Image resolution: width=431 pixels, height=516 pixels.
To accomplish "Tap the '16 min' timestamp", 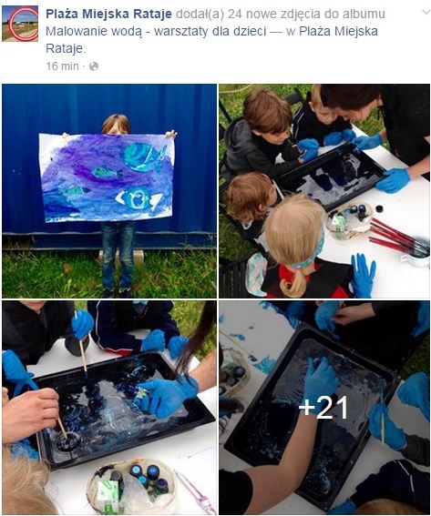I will click(62, 66).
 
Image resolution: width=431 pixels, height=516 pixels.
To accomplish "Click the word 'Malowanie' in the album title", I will click(77, 31).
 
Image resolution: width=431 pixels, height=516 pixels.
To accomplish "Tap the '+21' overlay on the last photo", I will click(323, 408).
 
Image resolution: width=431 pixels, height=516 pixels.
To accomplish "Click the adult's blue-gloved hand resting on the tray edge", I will click(394, 179).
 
